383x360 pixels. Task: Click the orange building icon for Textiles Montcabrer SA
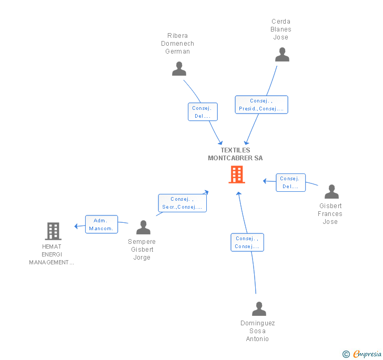point(236,174)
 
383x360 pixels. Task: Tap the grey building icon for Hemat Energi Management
point(53,231)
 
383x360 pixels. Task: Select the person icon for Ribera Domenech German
point(179,69)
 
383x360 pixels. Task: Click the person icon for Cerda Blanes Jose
point(282,55)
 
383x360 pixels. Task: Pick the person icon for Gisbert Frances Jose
point(331,192)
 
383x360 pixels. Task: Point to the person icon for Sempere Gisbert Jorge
point(143,228)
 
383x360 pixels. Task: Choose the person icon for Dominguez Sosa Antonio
point(259,308)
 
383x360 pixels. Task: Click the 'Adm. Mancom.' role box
point(102,224)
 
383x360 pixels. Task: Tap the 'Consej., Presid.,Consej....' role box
point(261,105)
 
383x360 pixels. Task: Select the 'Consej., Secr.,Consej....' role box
point(183,203)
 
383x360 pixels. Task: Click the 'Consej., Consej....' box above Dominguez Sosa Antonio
point(247,242)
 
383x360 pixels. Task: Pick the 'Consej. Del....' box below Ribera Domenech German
point(203,112)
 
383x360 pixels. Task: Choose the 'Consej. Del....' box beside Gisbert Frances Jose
point(290,182)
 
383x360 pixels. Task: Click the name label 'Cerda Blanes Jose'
point(281,29)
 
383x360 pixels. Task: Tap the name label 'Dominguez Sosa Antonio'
point(258,331)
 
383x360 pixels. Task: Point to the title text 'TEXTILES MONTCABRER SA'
point(235,154)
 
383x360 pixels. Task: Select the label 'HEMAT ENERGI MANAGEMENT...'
point(52,254)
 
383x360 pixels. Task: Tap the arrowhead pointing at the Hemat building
point(76,227)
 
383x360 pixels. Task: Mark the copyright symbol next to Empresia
point(346,354)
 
